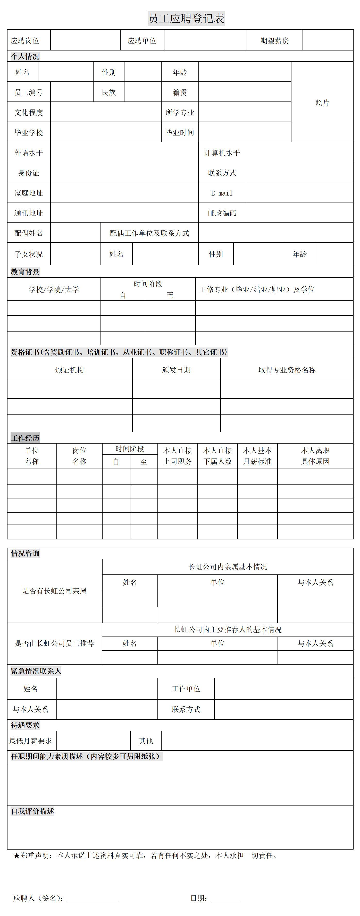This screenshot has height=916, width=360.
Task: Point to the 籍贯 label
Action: (x=180, y=93)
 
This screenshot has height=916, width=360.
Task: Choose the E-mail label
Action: (x=222, y=193)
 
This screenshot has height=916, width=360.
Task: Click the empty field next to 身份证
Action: (x=124, y=173)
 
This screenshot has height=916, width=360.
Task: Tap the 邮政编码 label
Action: (x=222, y=213)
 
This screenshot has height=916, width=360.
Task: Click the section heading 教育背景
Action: (x=25, y=272)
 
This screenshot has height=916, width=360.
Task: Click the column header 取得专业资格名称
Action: (x=287, y=370)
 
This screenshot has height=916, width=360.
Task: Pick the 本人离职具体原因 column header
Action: (x=315, y=456)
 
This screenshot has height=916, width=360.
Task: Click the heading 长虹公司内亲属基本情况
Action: (x=228, y=567)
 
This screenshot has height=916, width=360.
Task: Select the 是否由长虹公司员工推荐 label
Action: (x=54, y=643)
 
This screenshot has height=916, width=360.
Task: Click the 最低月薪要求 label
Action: (x=31, y=741)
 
